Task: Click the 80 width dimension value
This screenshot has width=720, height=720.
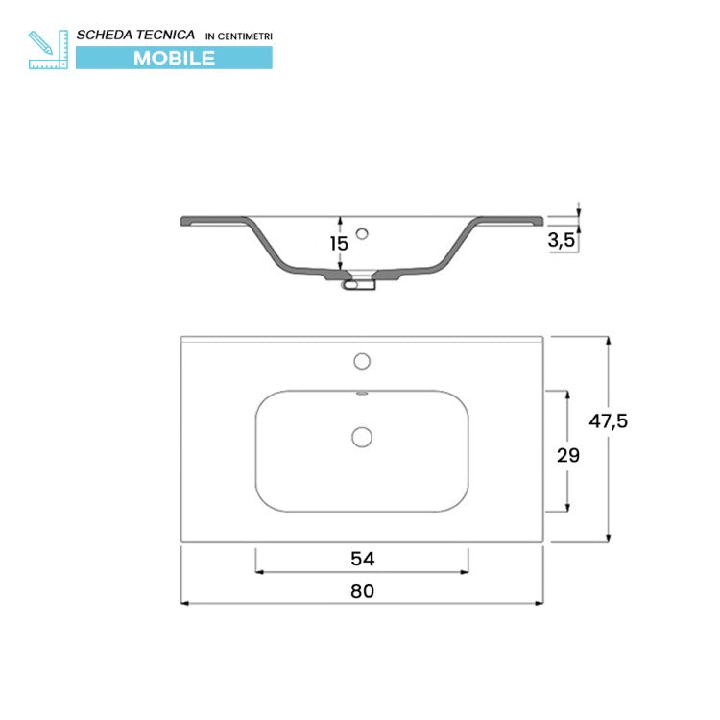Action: [361, 590]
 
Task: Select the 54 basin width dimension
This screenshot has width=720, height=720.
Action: [361, 559]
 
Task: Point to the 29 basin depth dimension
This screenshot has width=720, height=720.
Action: [568, 455]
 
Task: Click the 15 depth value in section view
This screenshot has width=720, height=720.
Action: [339, 243]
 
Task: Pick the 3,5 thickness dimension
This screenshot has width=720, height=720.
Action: [562, 241]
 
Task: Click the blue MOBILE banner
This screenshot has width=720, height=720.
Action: [174, 58]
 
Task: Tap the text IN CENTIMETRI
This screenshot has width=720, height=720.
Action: [239, 36]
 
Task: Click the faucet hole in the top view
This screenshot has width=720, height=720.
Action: [362, 361]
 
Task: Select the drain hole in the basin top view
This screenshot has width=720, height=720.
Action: [362, 437]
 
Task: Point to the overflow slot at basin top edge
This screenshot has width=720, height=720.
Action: [362, 393]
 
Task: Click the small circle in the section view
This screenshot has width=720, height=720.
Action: [362, 232]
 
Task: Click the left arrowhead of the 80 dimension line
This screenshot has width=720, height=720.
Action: [185, 604]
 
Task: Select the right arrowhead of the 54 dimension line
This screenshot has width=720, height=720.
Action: [465, 573]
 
